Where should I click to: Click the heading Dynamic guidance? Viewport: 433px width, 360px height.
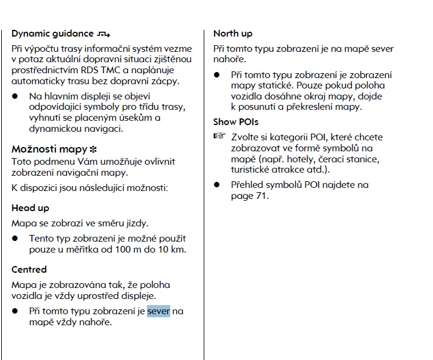[x=52, y=34]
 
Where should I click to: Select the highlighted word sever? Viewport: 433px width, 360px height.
[x=159, y=311]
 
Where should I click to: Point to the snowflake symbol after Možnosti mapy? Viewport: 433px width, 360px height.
[x=93, y=149]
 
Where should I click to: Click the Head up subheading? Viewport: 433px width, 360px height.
[x=30, y=208]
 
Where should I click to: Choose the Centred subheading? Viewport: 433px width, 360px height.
[x=29, y=269]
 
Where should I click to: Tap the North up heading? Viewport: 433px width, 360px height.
[x=233, y=34]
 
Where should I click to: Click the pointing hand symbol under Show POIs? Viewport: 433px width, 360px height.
[x=219, y=136]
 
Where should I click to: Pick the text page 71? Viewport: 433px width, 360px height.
[x=249, y=196]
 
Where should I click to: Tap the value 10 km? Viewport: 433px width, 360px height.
[x=172, y=249]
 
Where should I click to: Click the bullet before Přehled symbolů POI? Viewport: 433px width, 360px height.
[x=217, y=185]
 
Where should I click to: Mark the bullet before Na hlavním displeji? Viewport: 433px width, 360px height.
[x=15, y=96]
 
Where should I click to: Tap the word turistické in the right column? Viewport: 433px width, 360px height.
[x=252, y=170]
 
